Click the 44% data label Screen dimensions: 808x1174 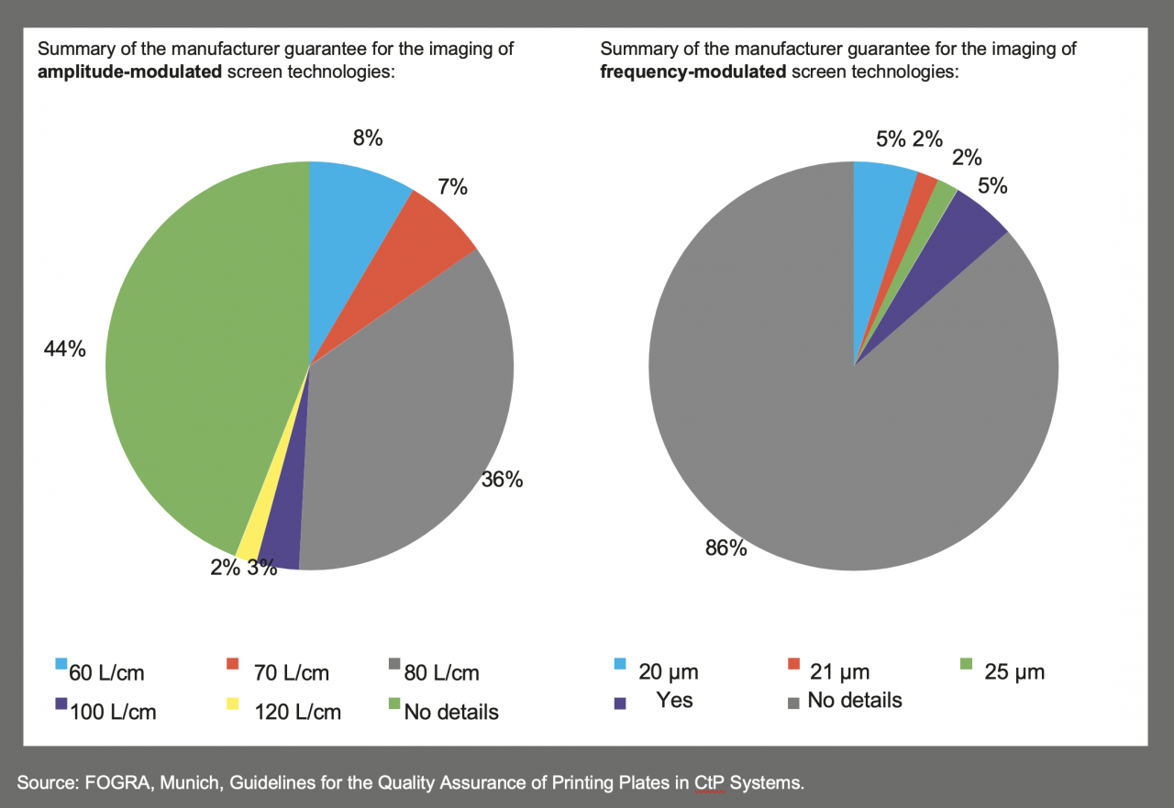tap(64, 349)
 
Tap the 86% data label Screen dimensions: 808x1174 tap(726, 549)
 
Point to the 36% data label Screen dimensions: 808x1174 tap(502, 479)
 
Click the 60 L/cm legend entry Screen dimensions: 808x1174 tap(100, 673)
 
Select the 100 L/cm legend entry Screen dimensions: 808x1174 tap(105, 712)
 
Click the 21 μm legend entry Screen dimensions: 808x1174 tap(830, 671)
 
